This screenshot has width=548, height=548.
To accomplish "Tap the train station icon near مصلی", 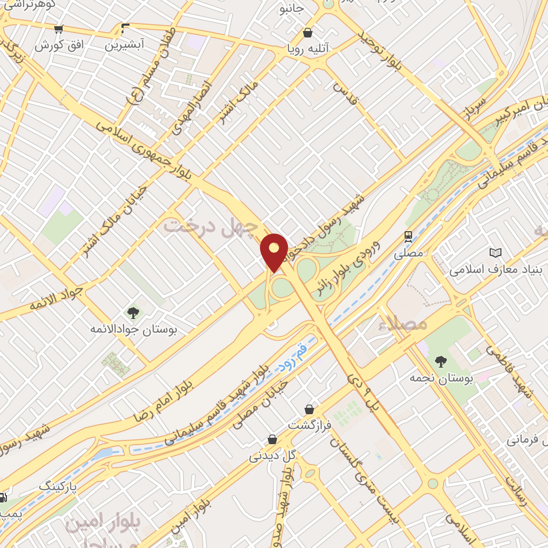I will click(408, 237).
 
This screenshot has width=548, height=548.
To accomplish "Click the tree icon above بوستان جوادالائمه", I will click(133, 313).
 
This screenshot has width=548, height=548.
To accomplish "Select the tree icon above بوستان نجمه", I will click(441, 362).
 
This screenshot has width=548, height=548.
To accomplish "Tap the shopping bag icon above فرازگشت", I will click(309, 410).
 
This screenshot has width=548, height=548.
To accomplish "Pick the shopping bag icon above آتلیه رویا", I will click(308, 33).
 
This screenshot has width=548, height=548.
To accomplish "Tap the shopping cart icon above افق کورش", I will click(59, 29).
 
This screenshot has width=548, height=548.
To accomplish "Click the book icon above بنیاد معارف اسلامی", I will click(496, 253).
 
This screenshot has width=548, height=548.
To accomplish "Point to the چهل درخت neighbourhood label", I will click(210, 226).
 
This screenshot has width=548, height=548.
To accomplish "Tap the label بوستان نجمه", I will click(442, 379).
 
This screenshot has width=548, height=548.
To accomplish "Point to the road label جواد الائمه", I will click(56, 299).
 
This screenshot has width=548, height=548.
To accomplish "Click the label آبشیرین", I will click(124, 45).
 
